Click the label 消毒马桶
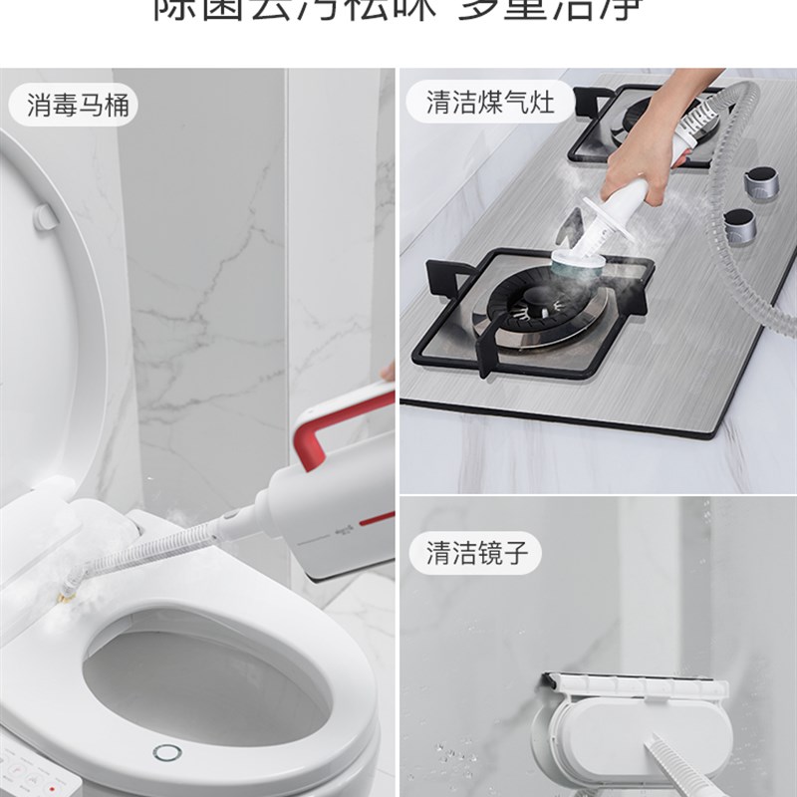point(78,104)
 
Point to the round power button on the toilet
point(166,752)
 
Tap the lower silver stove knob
point(740,227)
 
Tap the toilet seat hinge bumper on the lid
point(46,216)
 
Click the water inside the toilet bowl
point(199,687)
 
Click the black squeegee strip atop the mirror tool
point(638,680)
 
